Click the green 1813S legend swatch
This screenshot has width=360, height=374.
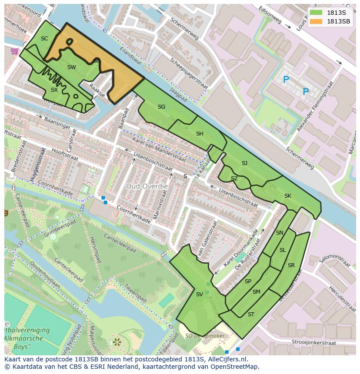pyautogui.click(x=316, y=13)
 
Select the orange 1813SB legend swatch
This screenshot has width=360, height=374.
pyautogui.click(x=316, y=21)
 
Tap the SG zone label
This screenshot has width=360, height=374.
pyautogui.click(x=161, y=107)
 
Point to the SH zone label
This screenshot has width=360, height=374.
pyautogui.click(x=200, y=134)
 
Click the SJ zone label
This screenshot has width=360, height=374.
pyautogui.click(x=244, y=163)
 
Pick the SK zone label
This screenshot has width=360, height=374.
pyautogui.click(x=287, y=196)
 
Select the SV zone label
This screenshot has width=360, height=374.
pyautogui.click(x=199, y=295)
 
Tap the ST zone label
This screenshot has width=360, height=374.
pyautogui.click(x=251, y=314)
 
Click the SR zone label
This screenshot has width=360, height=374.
pyautogui.click(x=291, y=265)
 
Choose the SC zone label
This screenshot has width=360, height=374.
pyautogui.click(x=44, y=39)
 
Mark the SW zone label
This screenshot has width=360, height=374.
pyautogui.click(x=72, y=67)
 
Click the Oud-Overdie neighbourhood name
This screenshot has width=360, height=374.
pyautogui.click(x=147, y=186)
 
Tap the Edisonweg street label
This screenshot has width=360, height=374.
pyautogui.click(x=270, y=16)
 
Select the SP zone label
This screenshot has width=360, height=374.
pyautogui.click(x=248, y=281)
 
